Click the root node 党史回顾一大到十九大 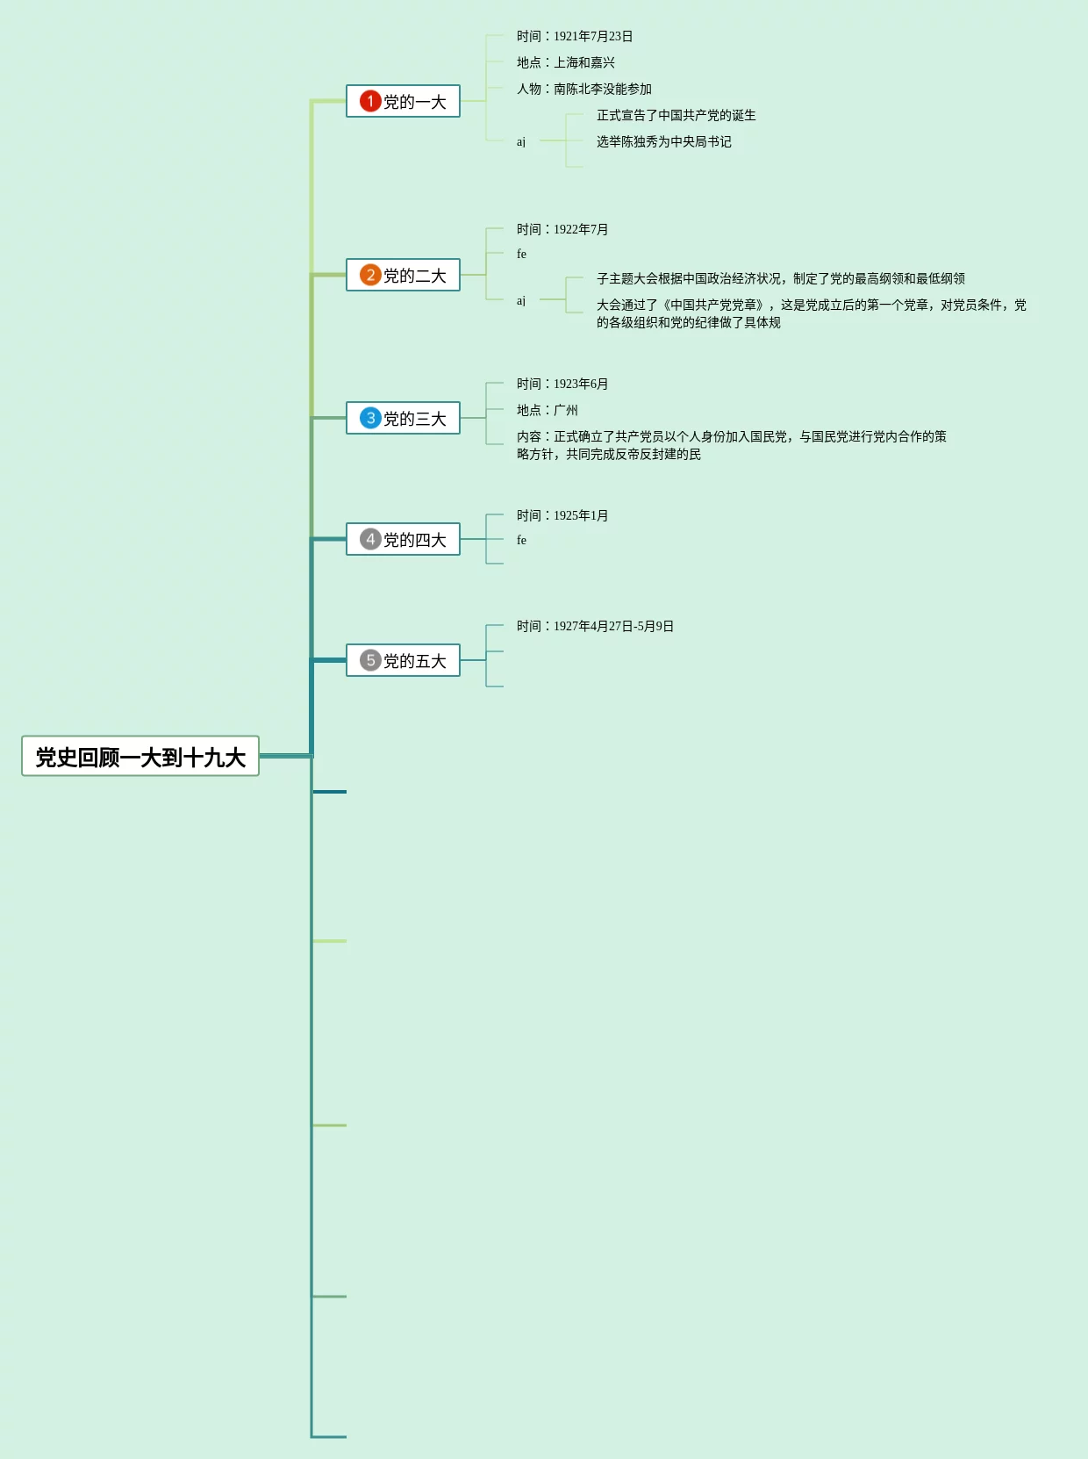pyautogui.click(x=140, y=757)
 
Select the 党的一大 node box pyautogui.click(x=404, y=102)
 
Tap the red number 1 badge pyautogui.click(x=370, y=101)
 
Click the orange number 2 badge pyautogui.click(x=370, y=275)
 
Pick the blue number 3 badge pyautogui.click(x=370, y=418)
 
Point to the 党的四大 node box pyautogui.click(x=404, y=539)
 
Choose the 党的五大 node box pyautogui.click(x=404, y=660)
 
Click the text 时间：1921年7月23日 pyautogui.click(x=575, y=36)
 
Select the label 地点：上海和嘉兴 pyautogui.click(x=566, y=62)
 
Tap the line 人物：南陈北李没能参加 pyautogui.click(x=584, y=89)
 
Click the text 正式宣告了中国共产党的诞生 pyautogui.click(x=676, y=115)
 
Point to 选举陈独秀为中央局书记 pyautogui.click(x=663, y=141)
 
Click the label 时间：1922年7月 pyautogui.click(x=562, y=229)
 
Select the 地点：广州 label pyautogui.click(x=548, y=410)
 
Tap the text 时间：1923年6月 pyautogui.click(x=562, y=384)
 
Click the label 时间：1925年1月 pyautogui.click(x=562, y=515)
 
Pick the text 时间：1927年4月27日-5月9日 pyautogui.click(x=595, y=626)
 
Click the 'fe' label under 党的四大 pyautogui.click(x=521, y=540)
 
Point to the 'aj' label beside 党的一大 pyautogui.click(x=521, y=141)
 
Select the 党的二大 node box pyautogui.click(x=404, y=276)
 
